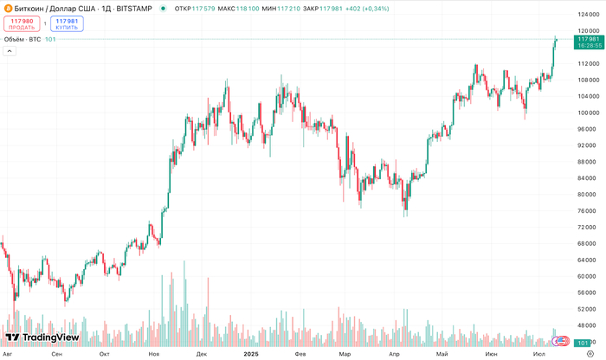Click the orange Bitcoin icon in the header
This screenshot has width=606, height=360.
[x=8, y=8]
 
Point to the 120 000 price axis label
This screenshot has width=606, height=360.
[x=588, y=30]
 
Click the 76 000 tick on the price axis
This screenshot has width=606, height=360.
[x=588, y=210]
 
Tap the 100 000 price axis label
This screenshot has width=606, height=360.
[x=588, y=112]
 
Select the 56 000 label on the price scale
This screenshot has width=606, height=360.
[x=588, y=292]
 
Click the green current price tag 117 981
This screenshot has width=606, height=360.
[x=588, y=40]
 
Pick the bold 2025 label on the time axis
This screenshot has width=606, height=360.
[x=250, y=354]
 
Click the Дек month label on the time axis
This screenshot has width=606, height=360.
[x=202, y=354]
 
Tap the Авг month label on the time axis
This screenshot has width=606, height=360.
[x=8, y=354]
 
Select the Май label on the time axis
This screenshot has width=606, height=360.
[x=442, y=354]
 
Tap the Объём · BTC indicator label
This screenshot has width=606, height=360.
[x=23, y=39]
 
